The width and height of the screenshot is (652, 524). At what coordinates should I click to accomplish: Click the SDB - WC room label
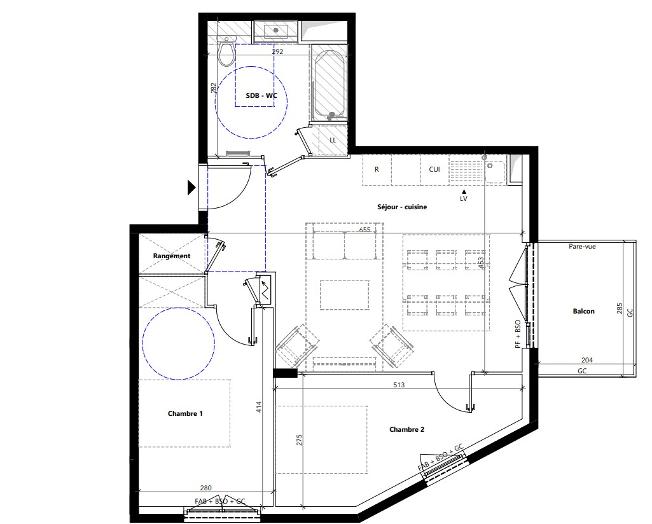pos(261,95)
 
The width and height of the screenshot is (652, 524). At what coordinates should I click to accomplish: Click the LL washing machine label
pos(333,140)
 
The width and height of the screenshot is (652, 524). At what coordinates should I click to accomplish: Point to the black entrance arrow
pos(191,188)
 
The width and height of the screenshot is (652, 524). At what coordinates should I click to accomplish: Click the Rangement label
pos(171,256)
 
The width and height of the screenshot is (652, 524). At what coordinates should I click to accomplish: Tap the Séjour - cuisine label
pos(402,207)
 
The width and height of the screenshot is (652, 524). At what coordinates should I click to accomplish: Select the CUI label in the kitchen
pos(434,170)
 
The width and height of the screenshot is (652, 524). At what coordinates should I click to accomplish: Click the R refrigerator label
pos(377,170)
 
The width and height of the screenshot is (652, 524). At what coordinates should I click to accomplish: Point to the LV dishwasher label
pos(464,198)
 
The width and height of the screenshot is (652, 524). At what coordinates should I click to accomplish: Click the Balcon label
pos(583,311)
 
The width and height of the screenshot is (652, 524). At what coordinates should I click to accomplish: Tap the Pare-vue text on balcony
pos(582,246)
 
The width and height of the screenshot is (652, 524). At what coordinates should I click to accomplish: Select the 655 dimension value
pos(364,230)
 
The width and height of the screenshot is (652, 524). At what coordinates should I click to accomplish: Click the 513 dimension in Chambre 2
pos(399,385)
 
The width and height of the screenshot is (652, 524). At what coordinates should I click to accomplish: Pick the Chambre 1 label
pos(185,413)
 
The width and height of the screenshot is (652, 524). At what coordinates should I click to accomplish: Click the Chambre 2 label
pos(406,429)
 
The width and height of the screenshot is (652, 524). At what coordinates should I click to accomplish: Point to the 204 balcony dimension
pos(587,361)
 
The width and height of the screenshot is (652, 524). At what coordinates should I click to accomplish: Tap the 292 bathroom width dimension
pos(277,52)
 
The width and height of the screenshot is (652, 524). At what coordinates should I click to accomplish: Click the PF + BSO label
pos(518,334)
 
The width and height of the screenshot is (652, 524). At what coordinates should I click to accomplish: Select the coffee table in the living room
pos(345,295)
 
